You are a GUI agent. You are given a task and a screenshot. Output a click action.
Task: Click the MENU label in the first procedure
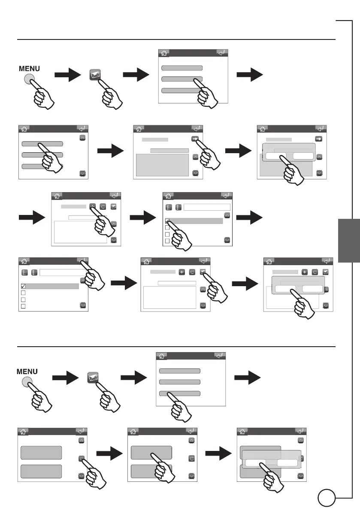pos(29,68)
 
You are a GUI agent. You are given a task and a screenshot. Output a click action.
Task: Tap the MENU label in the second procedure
pos(27,371)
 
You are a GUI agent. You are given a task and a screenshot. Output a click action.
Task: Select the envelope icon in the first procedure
pos(95,74)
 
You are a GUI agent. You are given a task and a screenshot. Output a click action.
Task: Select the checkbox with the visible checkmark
pos(24,286)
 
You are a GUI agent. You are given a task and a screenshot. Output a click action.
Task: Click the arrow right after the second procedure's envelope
pos(133,378)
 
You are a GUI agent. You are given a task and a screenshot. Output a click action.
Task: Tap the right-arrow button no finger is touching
pos(319,139)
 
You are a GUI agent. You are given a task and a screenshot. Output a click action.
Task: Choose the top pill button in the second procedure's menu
pos(179,371)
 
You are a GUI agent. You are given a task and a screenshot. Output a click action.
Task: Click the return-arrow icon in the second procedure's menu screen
pos(219,356)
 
